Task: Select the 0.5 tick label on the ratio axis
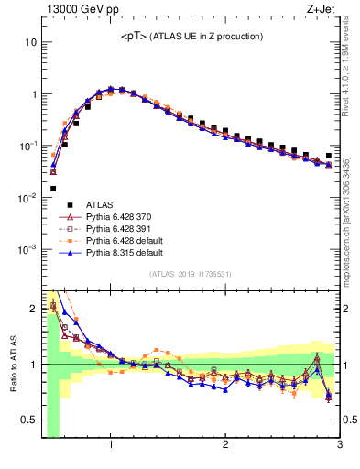(29, 420)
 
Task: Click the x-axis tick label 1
(111, 446)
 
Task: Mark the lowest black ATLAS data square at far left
(53, 189)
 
